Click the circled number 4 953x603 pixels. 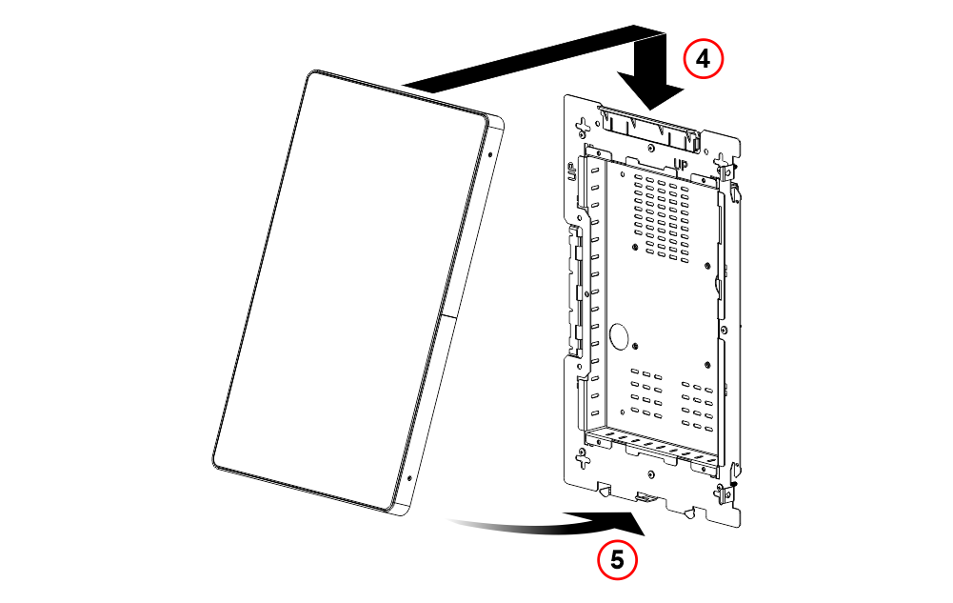coord(704,59)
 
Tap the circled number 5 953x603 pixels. coord(617,559)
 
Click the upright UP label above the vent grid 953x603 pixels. coord(682,165)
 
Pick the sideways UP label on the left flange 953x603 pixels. coord(571,172)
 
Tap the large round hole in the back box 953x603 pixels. coord(619,336)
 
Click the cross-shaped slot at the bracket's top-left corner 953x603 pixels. coord(584,127)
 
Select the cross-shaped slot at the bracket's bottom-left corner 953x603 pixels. coord(583,458)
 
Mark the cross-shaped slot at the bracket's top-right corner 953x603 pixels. coord(722,163)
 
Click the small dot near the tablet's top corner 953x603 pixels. coord(490,154)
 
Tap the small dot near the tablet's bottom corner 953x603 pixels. coord(409,479)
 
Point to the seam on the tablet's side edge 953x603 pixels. coord(449,316)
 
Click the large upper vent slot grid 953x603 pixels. coord(662,219)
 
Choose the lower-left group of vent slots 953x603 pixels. coord(646,393)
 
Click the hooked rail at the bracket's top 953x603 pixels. coord(649,129)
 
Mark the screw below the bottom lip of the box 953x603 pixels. coord(651,474)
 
